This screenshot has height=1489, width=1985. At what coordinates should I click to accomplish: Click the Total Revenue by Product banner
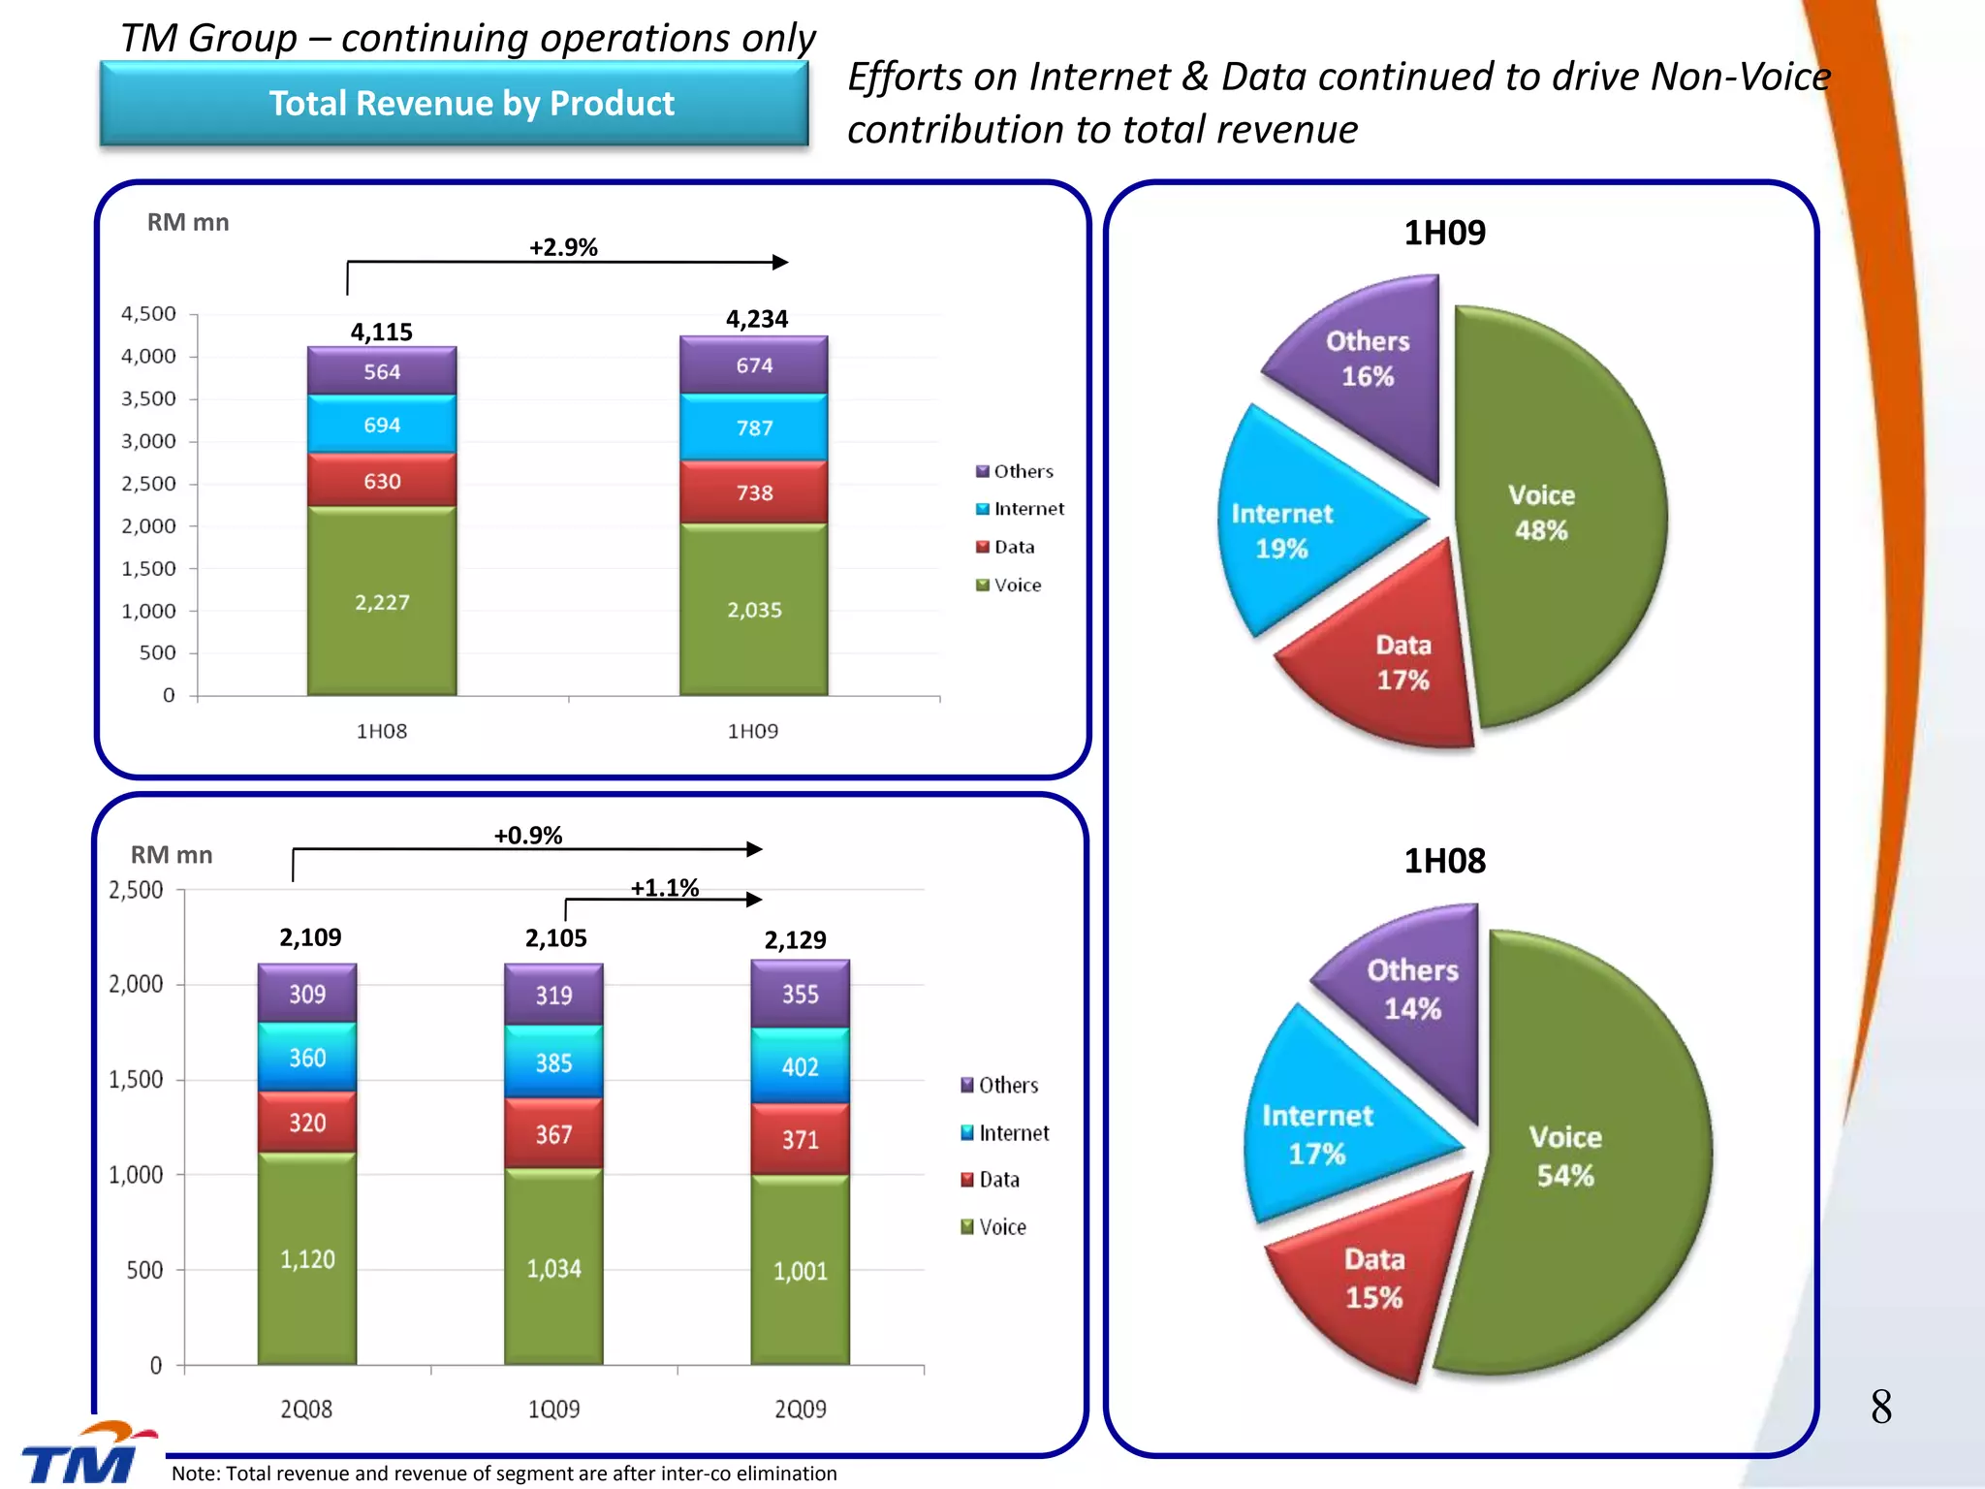454,104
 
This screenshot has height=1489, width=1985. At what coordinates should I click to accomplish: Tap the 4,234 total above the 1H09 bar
756,319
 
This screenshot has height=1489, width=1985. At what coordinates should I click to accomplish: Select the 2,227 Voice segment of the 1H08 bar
382,602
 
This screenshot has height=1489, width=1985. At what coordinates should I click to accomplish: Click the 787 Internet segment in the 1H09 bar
754,428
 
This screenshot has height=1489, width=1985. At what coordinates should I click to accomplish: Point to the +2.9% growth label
563,247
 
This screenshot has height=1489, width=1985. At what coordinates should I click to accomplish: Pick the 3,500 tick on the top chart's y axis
148,398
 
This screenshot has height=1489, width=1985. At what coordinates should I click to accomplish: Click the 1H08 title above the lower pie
1444,861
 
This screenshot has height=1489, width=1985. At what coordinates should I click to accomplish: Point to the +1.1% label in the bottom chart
665,888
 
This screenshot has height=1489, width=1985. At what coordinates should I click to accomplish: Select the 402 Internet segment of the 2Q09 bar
801,1066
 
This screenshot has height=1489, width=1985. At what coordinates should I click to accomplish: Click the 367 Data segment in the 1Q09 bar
553,1134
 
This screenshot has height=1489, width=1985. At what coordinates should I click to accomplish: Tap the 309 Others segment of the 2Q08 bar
307,994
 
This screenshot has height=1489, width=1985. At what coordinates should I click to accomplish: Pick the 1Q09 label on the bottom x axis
553,1409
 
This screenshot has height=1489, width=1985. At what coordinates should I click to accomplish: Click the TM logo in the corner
82,1454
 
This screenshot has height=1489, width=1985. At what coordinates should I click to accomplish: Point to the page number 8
1880,1407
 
